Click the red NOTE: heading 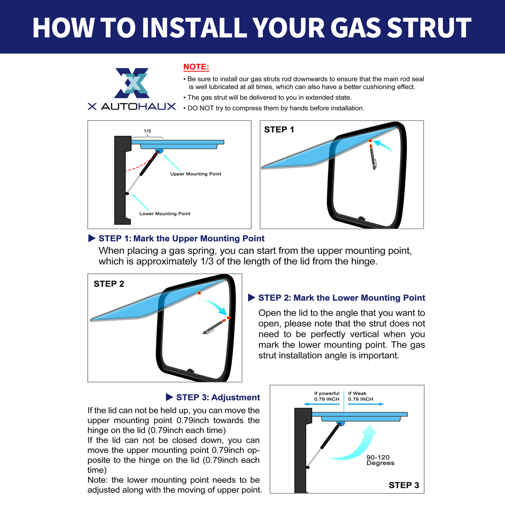[x=196, y=67]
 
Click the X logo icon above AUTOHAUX [x=132, y=83]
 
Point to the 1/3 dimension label [x=147, y=131]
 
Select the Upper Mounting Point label [x=196, y=174]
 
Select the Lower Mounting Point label [x=165, y=214]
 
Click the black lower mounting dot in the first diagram [x=127, y=193]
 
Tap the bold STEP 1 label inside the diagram [x=279, y=130]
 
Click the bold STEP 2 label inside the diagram [x=109, y=284]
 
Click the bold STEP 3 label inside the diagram [x=404, y=485]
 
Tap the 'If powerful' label [x=327, y=393]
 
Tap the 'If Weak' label [x=357, y=393]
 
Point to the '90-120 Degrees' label [x=380, y=460]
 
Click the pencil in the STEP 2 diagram [x=215, y=326]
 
